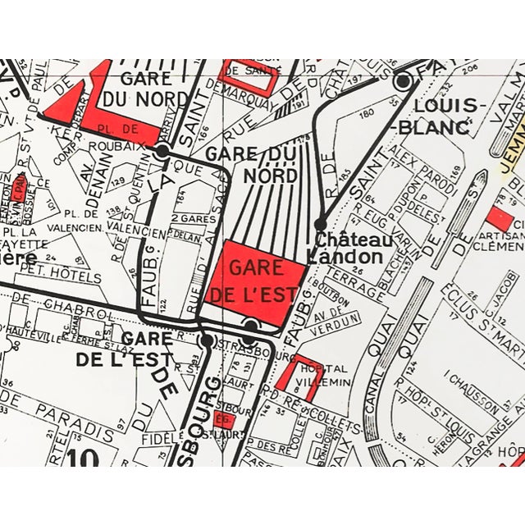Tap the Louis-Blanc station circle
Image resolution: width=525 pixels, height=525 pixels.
pyautogui.click(x=403, y=81)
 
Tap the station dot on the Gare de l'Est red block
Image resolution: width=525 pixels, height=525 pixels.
pyautogui.click(x=251, y=325)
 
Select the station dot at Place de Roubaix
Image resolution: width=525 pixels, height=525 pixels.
pyautogui.click(x=162, y=150)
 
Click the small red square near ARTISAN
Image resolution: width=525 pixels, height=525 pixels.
pyautogui.click(x=500, y=218)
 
